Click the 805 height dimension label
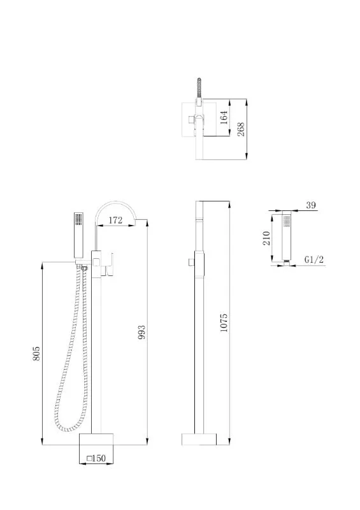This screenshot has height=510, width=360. click(36, 353)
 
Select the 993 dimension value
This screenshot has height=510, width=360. click(142, 332)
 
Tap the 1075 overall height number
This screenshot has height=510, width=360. click(224, 323)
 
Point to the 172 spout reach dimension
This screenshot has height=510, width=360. click(115, 220)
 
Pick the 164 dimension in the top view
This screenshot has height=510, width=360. click(224, 117)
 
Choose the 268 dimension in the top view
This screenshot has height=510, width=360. click(241, 129)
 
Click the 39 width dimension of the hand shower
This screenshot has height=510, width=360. click(311, 205)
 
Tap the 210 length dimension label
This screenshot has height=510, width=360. click(267, 238)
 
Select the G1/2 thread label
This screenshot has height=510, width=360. click(314, 259)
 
